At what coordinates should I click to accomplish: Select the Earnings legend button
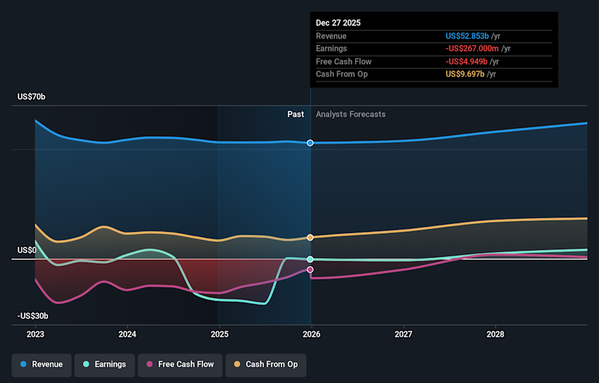coord(104,364)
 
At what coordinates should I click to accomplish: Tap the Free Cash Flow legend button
coord(180,364)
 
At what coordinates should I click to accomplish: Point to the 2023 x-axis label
coord(36,334)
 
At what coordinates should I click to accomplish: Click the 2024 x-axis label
coord(127,334)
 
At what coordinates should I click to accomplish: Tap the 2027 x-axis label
coord(403,334)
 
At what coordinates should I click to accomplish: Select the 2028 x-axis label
coord(495,334)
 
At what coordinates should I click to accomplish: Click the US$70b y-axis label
coord(31,97)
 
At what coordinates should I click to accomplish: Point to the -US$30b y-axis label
coord(32,317)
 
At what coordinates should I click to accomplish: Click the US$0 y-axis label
coord(27,250)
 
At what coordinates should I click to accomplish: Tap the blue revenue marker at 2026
coord(310,143)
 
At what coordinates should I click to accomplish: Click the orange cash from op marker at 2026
coord(310,237)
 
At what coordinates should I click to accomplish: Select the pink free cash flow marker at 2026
coord(310,269)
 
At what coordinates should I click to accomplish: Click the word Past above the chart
coord(296,114)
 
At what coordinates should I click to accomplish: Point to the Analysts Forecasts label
coord(351,114)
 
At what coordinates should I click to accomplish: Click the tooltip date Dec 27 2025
coord(338,23)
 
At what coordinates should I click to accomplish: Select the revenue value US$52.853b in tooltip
coord(467,36)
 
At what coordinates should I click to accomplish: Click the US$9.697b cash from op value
coord(467,74)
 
